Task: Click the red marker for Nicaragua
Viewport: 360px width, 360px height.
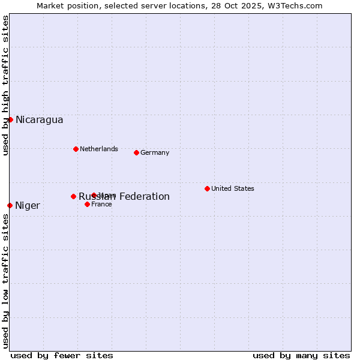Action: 10,119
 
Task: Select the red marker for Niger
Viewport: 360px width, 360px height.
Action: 10,205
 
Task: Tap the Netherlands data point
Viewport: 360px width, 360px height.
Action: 76,149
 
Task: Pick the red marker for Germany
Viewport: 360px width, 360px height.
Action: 136,152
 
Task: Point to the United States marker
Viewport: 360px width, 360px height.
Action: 207,188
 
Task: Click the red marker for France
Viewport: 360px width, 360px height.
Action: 87,204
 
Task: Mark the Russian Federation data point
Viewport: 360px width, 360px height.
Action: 73,196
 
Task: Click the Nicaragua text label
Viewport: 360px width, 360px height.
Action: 40,120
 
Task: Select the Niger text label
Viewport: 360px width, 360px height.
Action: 28,206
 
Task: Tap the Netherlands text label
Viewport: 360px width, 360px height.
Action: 99,149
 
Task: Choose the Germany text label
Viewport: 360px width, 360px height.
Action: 155,152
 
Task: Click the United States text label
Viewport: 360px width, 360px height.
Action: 233,188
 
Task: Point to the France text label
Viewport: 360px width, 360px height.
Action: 101,204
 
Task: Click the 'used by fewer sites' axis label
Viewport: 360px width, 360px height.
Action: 62,355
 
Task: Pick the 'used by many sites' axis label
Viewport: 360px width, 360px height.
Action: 301,355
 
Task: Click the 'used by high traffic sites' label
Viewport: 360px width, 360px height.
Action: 5,85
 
